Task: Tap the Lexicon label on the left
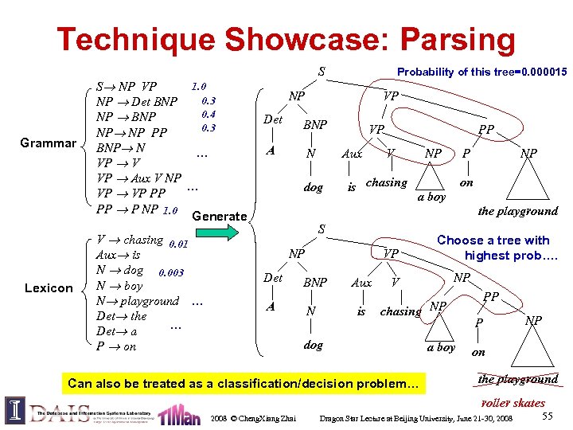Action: pyautogui.click(x=49, y=287)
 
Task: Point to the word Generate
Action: pyautogui.click(x=220, y=217)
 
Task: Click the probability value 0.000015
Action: pyautogui.click(x=542, y=72)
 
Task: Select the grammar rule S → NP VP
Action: pyautogui.click(x=127, y=87)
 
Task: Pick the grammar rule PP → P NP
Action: pyautogui.click(x=127, y=210)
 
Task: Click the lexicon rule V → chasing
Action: pyautogui.click(x=129, y=240)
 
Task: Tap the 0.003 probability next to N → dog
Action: pyautogui.click(x=171, y=272)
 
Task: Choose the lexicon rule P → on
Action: pyautogui.click(x=116, y=346)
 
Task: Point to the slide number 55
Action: pyautogui.click(x=547, y=416)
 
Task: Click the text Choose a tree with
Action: pyautogui.click(x=493, y=240)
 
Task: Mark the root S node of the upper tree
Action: pyautogui.click(x=321, y=72)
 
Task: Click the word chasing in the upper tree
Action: pyautogui.click(x=386, y=183)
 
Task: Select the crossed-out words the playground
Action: pyautogui.click(x=517, y=379)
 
